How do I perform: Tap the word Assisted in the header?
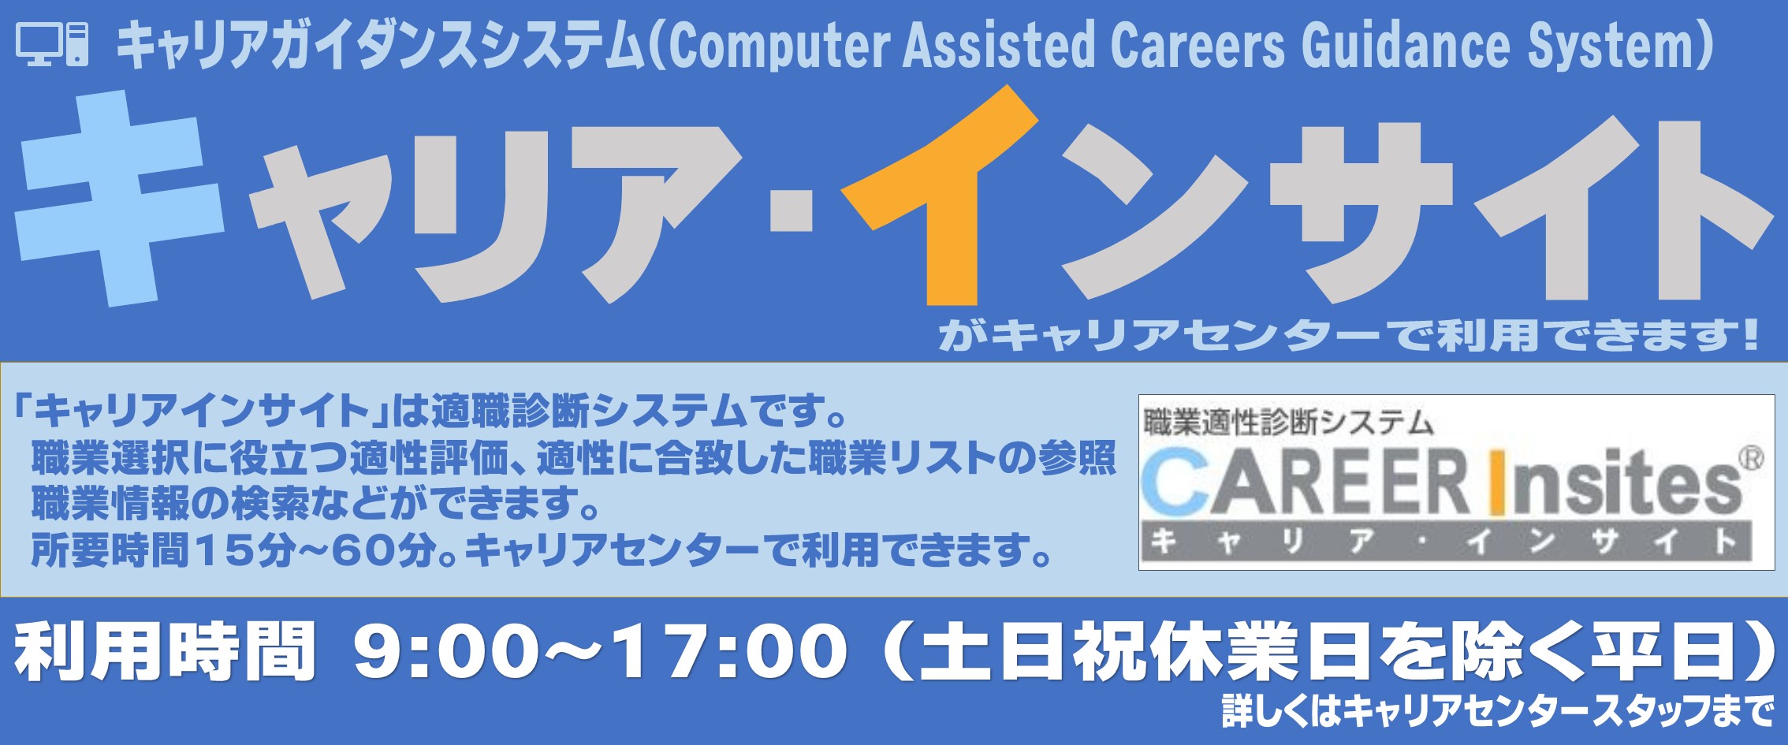pyautogui.click(x=999, y=44)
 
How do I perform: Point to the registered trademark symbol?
pyautogui.click(x=1751, y=459)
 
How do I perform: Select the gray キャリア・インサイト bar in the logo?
pyautogui.click(x=1447, y=541)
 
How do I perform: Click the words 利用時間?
pyautogui.click(x=165, y=653)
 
